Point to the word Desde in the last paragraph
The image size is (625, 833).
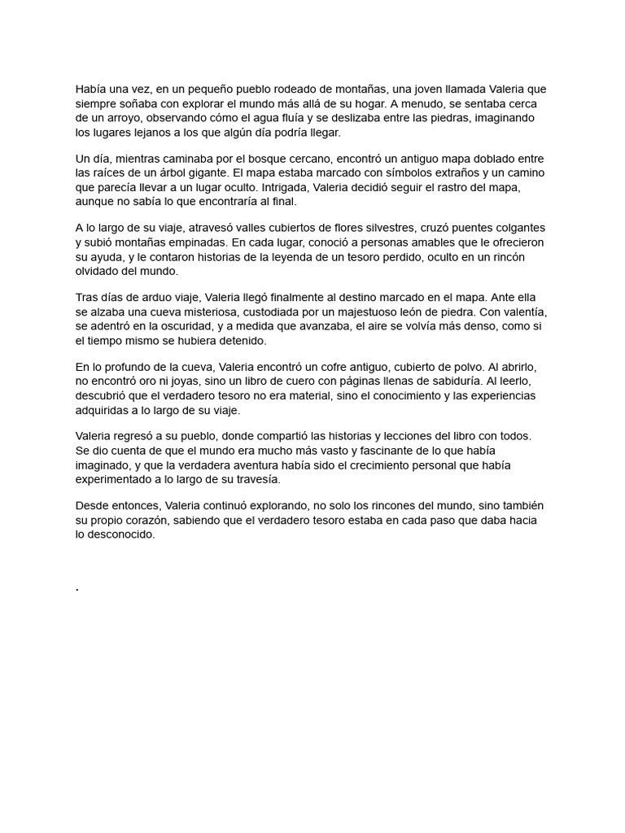(92, 505)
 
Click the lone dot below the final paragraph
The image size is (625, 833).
(76, 588)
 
